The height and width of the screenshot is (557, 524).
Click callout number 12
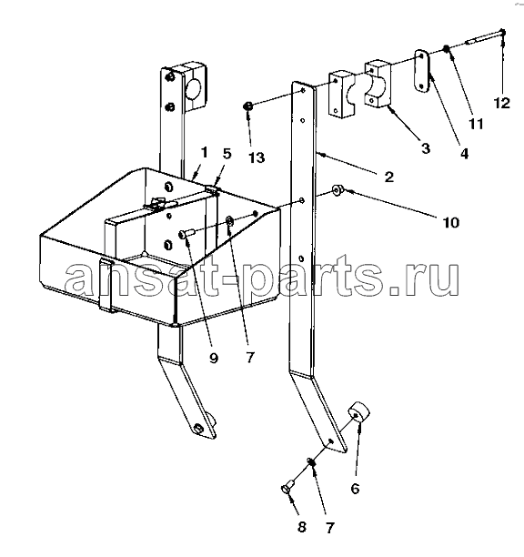pyautogui.click(x=502, y=103)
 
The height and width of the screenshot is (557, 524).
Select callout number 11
pyautogui.click(x=476, y=124)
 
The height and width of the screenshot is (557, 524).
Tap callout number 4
pyautogui.click(x=464, y=153)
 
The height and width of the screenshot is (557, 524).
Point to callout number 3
pyautogui.click(x=426, y=147)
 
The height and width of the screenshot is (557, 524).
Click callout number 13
pyautogui.click(x=257, y=157)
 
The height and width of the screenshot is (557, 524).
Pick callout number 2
pyautogui.click(x=389, y=177)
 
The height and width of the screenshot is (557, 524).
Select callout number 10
pyautogui.click(x=451, y=223)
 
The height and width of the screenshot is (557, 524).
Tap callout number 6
pyautogui.click(x=355, y=489)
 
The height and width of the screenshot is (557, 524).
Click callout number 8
pyautogui.click(x=301, y=527)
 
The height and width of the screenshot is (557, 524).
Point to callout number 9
pyautogui.click(x=214, y=358)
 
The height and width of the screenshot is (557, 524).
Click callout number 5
pyautogui.click(x=227, y=154)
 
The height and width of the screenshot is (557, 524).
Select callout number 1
pyautogui.click(x=204, y=153)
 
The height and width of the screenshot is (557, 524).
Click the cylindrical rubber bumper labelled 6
pyautogui.click(x=358, y=413)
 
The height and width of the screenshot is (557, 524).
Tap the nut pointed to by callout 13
pyautogui.click(x=248, y=106)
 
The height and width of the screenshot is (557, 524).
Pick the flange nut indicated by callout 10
pyautogui.click(x=338, y=191)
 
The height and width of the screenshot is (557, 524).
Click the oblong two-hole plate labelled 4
pyautogui.click(x=422, y=71)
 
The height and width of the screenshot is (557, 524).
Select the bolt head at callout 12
pyautogui.click(x=502, y=32)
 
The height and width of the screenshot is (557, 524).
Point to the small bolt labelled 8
pyautogui.click(x=287, y=486)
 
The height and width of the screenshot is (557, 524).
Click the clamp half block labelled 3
pyautogui.click(x=378, y=84)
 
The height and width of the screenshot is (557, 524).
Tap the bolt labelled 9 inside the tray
pyautogui.click(x=186, y=233)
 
